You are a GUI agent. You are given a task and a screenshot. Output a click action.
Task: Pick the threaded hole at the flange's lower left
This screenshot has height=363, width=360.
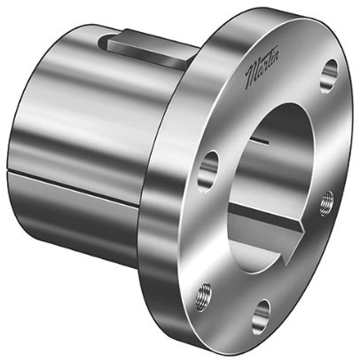pyautogui.click(x=206, y=290)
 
